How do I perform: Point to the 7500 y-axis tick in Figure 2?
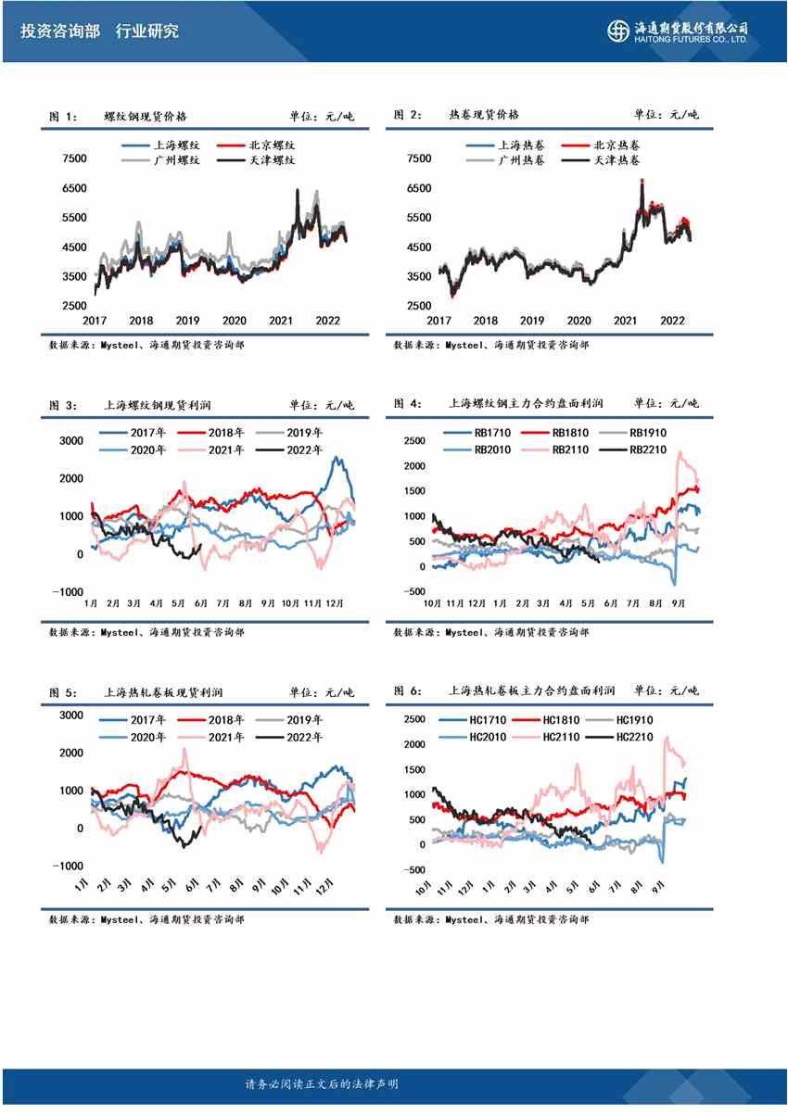(419, 158)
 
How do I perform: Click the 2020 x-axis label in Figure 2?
(578, 321)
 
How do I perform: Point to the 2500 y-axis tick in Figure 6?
(413, 719)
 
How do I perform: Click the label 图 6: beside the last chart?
(407, 691)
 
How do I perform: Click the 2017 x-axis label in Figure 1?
(95, 321)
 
